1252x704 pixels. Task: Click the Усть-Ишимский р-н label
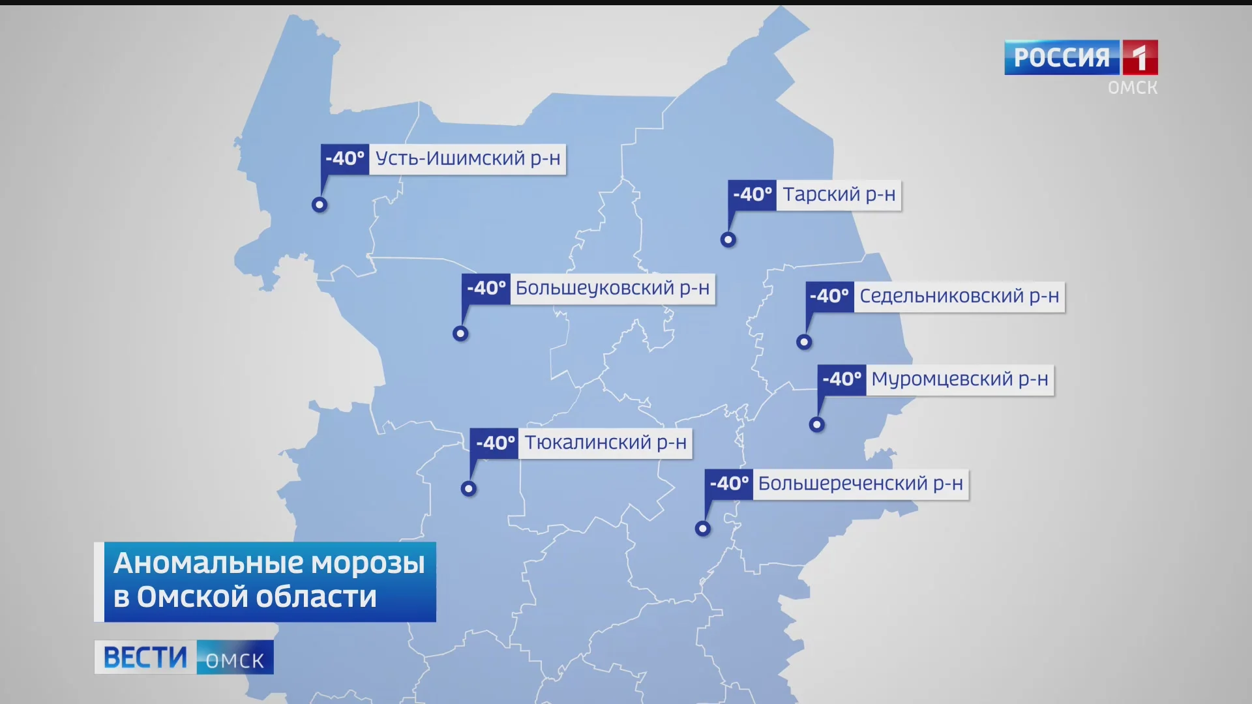tap(468, 159)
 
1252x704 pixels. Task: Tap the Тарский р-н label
tap(839, 195)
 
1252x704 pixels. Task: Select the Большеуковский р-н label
tap(612, 289)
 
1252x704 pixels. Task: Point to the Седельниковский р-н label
tap(959, 297)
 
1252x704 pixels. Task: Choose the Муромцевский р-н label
tap(959, 379)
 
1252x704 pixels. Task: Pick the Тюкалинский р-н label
tap(605, 443)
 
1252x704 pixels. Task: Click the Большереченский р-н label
tap(860, 484)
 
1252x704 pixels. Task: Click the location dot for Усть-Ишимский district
tap(320, 205)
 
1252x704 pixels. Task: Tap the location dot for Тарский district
tap(728, 240)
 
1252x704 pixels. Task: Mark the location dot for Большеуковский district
tap(461, 334)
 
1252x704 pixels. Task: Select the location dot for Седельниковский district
tap(804, 342)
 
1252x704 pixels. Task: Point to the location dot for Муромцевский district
tap(817, 425)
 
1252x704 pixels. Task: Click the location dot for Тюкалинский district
tap(469, 489)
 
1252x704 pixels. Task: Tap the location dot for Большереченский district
tap(702, 529)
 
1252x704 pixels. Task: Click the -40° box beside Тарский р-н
tap(752, 195)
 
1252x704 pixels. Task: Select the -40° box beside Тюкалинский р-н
tap(495, 443)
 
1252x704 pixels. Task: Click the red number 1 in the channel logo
tap(1139, 58)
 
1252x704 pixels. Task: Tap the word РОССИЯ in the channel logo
tap(1062, 58)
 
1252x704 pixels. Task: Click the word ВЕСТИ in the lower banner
tap(145, 657)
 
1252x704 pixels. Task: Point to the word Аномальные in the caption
tap(207, 563)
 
